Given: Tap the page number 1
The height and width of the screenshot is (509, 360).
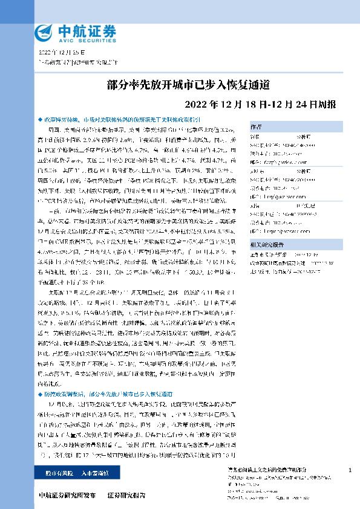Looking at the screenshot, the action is click(350, 470).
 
